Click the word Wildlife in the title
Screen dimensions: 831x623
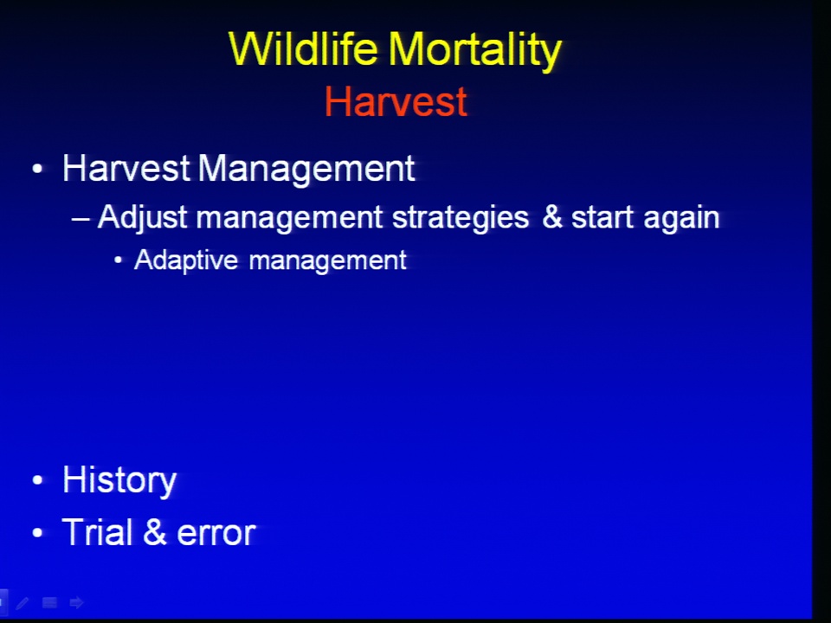coord(303,48)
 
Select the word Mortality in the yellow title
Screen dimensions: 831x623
coord(475,51)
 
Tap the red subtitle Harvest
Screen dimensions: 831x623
coord(396,101)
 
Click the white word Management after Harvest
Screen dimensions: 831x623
coord(306,170)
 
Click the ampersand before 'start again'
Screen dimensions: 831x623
coord(551,217)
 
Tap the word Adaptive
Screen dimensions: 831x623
coord(186,260)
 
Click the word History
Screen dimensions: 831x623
coord(119,480)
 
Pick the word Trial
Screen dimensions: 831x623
coord(98,532)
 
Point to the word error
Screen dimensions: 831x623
coord(216,534)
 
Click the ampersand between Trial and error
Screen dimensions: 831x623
coord(155,532)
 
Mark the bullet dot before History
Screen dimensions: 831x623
coord(37,480)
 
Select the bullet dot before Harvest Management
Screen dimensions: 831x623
coord(37,169)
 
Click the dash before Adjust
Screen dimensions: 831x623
coord(81,218)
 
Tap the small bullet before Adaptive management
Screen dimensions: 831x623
coord(119,260)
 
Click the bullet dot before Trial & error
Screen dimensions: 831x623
coord(37,532)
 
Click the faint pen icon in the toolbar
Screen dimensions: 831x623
coord(23,602)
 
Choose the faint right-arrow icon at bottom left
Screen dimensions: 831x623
coord(77,602)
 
